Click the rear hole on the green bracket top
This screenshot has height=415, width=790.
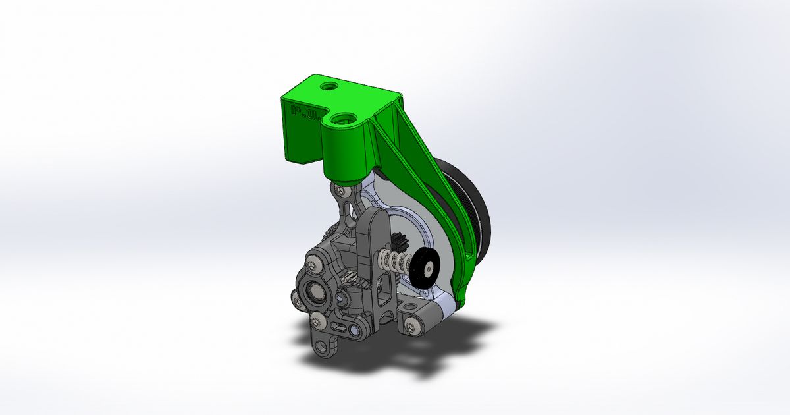pyautogui.click(x=329, y=86)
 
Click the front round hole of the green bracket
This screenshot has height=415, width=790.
pyautogui.click(x=344, y=119)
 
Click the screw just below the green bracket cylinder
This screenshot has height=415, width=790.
pyautogui.click(x=340, y=190)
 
